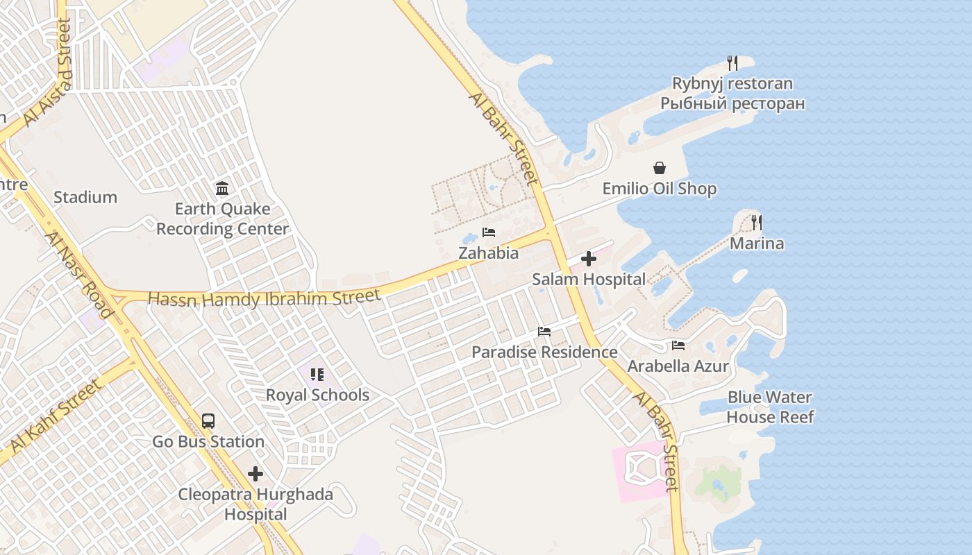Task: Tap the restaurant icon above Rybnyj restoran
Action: pos(732,63)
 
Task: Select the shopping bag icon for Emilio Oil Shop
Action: pos(659,168)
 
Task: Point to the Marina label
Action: pos(756,244)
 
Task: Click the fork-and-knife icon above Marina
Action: pos(756,223)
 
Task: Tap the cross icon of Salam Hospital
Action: pos(589,259)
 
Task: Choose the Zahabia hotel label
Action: pos(488,253)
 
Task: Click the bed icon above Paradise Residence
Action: pos(544,332)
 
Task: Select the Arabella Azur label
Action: pos(678,366)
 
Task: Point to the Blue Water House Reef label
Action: pos(769,407)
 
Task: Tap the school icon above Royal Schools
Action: pos(317,375)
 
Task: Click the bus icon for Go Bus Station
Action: pos(208,420)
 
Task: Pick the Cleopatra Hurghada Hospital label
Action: pos(255,504)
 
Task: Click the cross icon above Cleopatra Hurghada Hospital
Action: pos(255,474)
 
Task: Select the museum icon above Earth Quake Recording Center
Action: pos(222,188)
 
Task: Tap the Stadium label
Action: pos(85,198)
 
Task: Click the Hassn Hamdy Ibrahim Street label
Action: pos(265,298)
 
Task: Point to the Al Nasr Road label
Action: pos(78,275)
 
